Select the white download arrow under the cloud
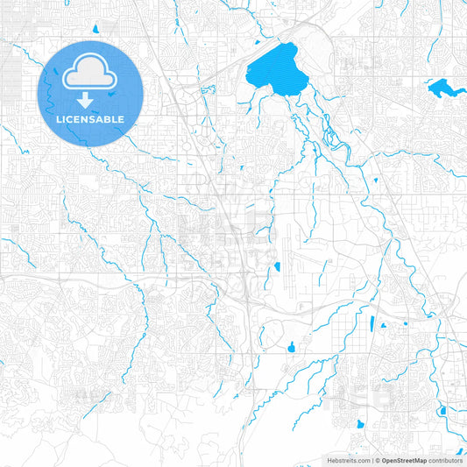click(x=90, y=100)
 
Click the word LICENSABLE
click(x=90, y=119)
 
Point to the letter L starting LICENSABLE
click(x=59, y=119)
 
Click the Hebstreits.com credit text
click(x=347, y=460)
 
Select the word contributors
click(x=446, y=460)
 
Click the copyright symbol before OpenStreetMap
click(x=378, y=460)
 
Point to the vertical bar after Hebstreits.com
click(x=371, y=460)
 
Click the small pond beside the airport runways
click(x=277, y=266)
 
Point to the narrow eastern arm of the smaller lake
click(x=455, y=90)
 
